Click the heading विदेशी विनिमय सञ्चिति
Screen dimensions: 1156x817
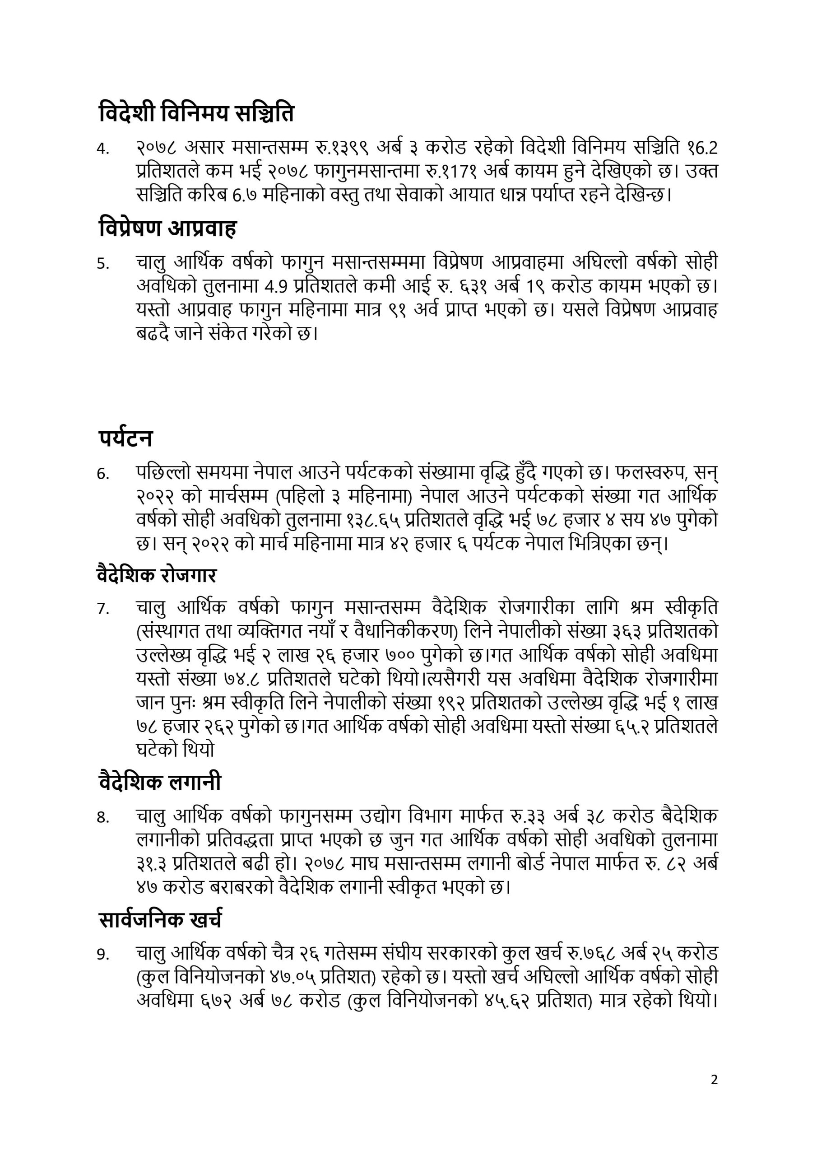(x=196, y=114)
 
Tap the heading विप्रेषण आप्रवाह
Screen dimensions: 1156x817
(x=167, y=228)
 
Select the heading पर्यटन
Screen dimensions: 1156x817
(x=125, y=438)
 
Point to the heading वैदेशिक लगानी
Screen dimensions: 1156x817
(x=160, y=782)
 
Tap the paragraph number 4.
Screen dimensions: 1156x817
(x=103, y=149)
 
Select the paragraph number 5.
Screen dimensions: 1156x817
(x=103, y=263)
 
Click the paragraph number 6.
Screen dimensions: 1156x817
(x=103, y=474)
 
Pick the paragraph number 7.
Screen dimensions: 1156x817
(x=103, y=609)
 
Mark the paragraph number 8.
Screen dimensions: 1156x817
(x=103, y=817)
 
